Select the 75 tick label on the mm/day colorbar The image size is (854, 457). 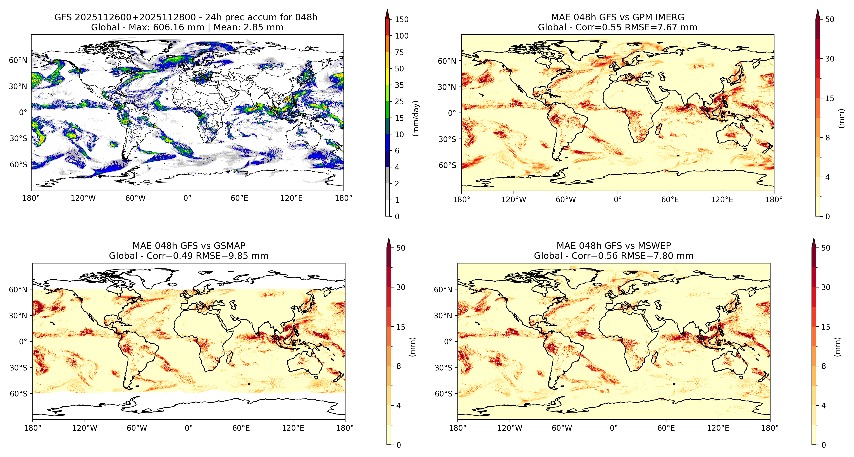pyautogui.click(x=399, y=52)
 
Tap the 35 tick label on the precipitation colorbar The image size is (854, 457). pyautogui.click(x=399, y=85)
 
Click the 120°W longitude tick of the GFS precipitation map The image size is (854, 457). pyautogui.click(x=83, y=198)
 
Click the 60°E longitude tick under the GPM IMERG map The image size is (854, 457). pyautogui.click(x=670, y=200)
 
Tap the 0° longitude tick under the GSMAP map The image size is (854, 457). pyautogui.click(x=189, y=428)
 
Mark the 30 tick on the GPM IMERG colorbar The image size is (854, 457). pyautogui.click(x=829, y=59)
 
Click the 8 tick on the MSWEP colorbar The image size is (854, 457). pyautogui.click(x=824, y=366)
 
